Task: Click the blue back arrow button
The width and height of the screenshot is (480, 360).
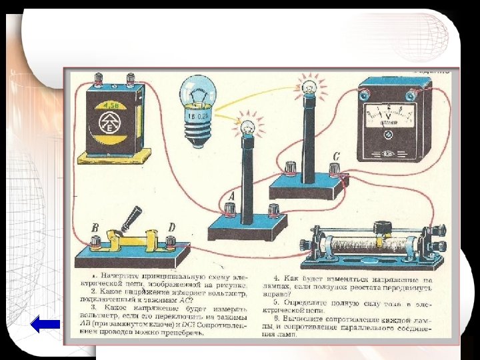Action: point(46,325)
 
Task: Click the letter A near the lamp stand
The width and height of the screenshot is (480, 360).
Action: point(232,196)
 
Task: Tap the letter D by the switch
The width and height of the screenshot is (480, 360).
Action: point(171,227)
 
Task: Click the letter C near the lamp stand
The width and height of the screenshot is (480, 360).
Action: point(336,156)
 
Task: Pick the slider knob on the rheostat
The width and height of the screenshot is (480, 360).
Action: point(381,228)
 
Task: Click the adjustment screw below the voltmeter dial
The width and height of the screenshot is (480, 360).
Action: point(387,134)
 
